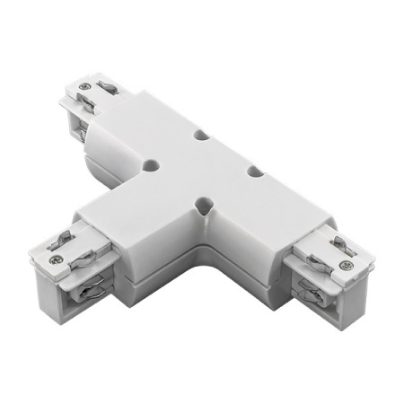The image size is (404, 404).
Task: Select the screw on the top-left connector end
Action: coord(83,88)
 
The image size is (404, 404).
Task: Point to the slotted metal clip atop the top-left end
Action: coord(106,89)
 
